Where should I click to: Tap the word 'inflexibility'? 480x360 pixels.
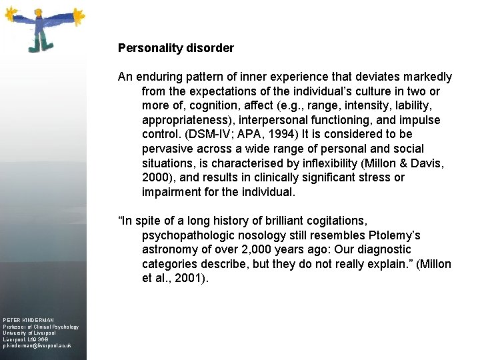[302, 163]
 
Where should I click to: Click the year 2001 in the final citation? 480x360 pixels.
[187, 279]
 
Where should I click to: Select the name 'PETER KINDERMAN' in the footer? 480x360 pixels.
[28, 321]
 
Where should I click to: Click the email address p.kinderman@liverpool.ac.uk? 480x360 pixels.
[37, 347]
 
